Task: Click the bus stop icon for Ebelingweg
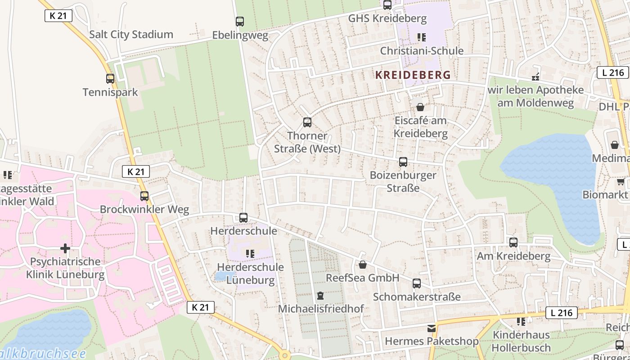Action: click(x=240, y=21)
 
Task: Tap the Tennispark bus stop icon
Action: click(x=110, y=79)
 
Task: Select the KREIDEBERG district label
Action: click(x=413, y=75)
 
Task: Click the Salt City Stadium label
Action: click(x=131, y=35)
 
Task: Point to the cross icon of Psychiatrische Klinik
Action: click(x=65, y=248)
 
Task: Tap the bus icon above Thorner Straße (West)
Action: click(x=307, y=122)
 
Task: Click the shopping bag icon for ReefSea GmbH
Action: click(x=362, y=265)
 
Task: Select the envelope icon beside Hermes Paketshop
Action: click(x=432, y=328)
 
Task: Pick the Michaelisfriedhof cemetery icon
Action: click(x=320, y=296)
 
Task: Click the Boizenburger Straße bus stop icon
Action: click(x=403, y=162)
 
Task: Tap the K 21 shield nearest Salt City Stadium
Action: click(x=58, y=15)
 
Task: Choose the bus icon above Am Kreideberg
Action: click(x=513, y=243)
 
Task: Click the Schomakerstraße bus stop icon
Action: click(x=417, y=283)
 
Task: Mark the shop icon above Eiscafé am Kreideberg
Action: click(x=420, y=107)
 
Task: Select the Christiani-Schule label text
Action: click(x=422, y=51)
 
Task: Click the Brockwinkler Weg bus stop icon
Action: click(x=144, y=196)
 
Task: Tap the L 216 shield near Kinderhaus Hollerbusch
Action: click(x=561, y=313)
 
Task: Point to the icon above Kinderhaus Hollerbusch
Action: click(x=521, y=322)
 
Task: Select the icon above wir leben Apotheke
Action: click(x=535, y=77)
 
